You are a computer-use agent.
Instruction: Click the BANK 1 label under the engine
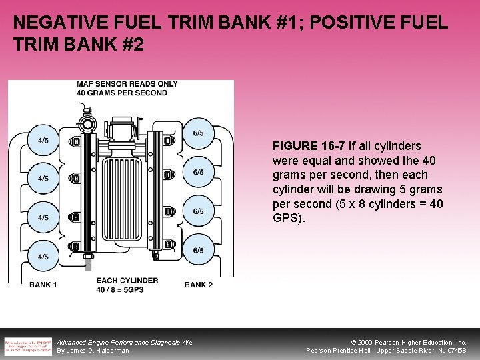click(43, 285)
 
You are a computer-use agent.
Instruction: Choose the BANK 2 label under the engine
click(199, 285)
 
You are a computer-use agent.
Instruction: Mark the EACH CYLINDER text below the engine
click(127, 281)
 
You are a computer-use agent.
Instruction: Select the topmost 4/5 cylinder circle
click(43, 140)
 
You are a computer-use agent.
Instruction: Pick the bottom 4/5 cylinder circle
click(43, 257)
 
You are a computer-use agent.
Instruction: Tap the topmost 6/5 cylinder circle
click(198, 133)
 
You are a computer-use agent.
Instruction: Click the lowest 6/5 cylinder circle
click(198, 251)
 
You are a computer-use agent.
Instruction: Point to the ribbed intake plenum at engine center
click(125, 200)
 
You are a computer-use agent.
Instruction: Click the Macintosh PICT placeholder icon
click(27, 346)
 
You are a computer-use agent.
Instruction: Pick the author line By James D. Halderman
click(93, 351)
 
